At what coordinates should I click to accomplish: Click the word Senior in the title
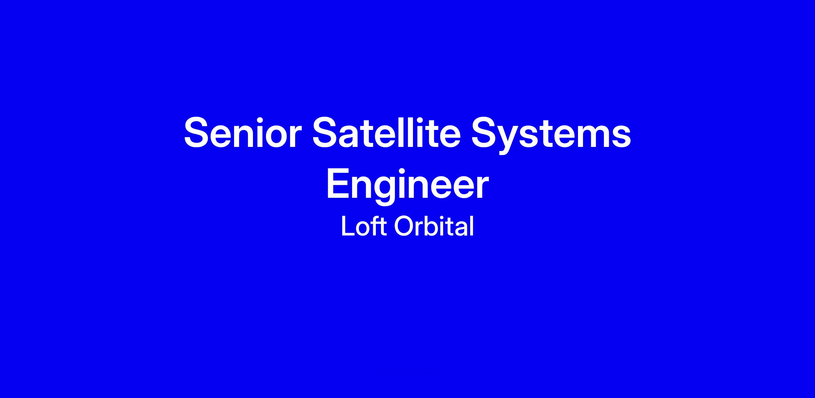click(243, 132)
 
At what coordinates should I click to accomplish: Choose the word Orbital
click(434, 226)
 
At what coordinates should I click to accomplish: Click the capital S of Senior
click(198, 132)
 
